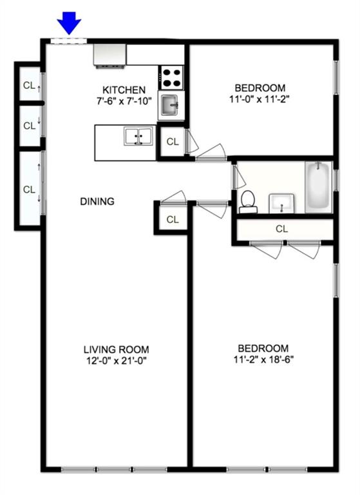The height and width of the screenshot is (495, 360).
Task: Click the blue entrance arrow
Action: pyautogui.click(x=69, y=24)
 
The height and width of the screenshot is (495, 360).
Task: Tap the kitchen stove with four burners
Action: pyautogui.click(x=172, y=77)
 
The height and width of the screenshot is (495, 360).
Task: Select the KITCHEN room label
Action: pyautogui.click(x=124, y=90)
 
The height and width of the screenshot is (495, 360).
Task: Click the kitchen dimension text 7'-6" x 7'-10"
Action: pyautogui.click(x=124, y=101)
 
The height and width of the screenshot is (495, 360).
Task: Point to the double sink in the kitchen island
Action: pyautogui.click(x=138, y=137)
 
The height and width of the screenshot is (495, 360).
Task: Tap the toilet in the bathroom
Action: pyautogui.click(x=247, y=202)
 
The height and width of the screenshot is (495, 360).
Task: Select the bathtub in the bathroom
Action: pyautogui.click(x=318, y=187)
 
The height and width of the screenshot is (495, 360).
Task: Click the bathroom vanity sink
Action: pyautogui.click(x=282, y=204)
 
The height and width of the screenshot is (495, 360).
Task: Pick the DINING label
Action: pyautogui.click(x=97, y=202)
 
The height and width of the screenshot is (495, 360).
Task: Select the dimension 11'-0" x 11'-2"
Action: pyautogui.click(x=260, y=100)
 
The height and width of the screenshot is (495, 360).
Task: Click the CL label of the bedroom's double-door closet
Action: pyautogui.click(x=282, y=229)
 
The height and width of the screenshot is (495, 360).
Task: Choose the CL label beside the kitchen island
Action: pyautogui.click(x=172, y=142)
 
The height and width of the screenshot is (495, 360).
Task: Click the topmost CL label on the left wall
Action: pyautogui.click(x=29, y=85)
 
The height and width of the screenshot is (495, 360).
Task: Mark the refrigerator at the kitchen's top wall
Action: pyautogui.click(x=109, y=54)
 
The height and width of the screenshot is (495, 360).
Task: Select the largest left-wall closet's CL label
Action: pyautogui.click(x=29, y=189)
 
